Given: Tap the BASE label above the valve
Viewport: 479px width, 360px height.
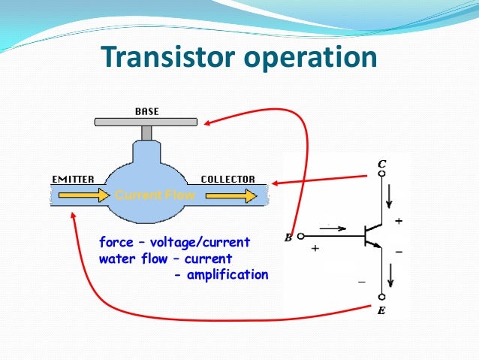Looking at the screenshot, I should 146,111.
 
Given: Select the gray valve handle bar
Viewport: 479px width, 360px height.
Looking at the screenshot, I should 146,122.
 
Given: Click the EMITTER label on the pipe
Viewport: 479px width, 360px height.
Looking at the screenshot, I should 73,180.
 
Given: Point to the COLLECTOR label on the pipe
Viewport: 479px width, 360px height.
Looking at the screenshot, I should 227,180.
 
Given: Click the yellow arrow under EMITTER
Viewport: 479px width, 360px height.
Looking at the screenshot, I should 80,195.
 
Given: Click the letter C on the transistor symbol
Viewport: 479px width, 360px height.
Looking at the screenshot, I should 382,164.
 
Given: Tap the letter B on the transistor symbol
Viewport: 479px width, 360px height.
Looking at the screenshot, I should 288,238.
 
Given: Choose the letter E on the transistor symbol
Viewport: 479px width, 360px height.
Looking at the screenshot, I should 383,308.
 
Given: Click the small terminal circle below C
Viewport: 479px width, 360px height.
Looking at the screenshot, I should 382,174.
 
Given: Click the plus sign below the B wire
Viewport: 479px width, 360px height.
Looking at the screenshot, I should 315,248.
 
